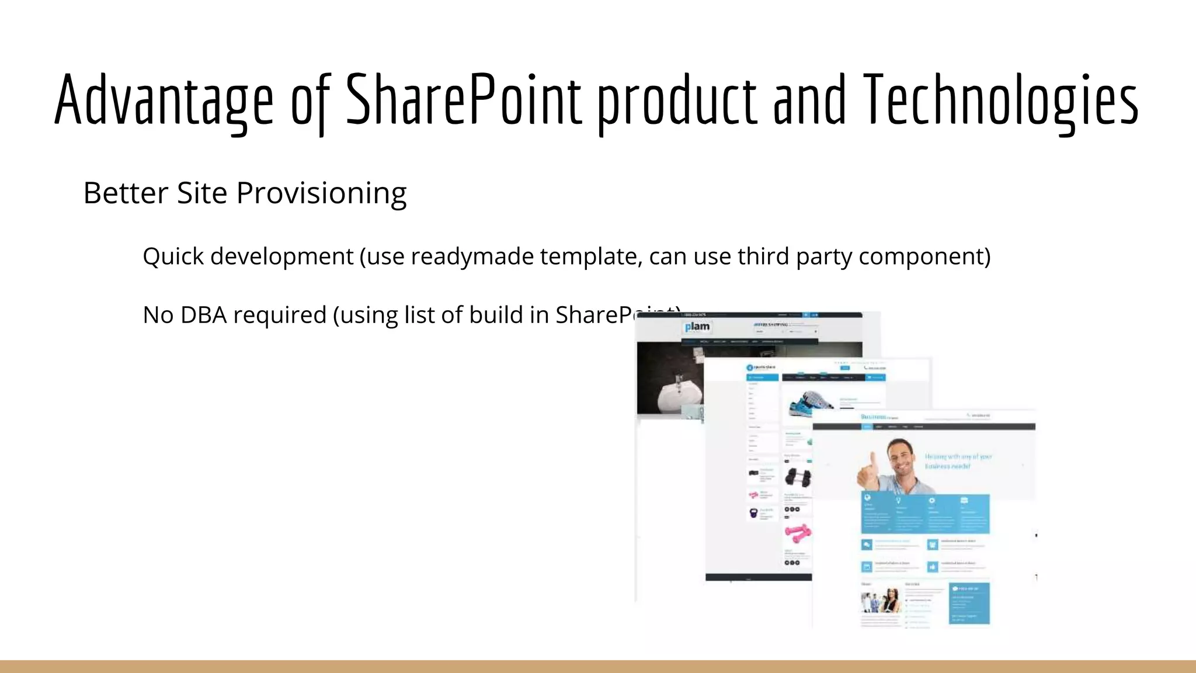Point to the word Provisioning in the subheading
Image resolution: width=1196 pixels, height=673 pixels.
321,194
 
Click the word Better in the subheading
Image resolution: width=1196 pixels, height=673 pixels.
126,193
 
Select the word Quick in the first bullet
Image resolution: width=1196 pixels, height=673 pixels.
173,257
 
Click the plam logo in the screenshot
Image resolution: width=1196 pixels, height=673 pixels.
697,327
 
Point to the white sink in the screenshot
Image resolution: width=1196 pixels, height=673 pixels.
677,394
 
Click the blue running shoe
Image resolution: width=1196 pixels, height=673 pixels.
812,404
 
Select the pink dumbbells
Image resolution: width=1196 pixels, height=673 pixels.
797,532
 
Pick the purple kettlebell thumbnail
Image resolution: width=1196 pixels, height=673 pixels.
753,514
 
